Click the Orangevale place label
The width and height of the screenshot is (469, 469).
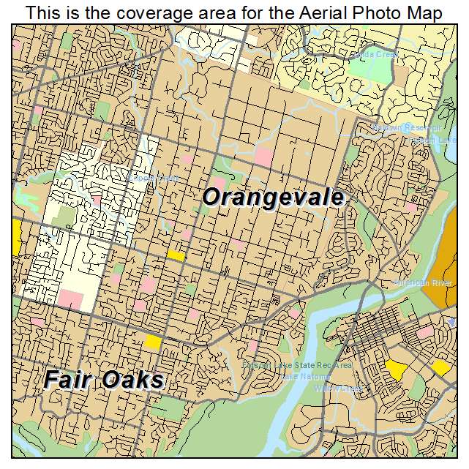[x=273, y=197]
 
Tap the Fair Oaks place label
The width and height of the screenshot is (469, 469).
[x=104, y=380]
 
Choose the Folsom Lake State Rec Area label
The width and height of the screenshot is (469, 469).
[x=298, y=364]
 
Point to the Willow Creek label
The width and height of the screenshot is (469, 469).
[x=338, y=388]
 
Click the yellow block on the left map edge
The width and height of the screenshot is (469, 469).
[x=16, y=238]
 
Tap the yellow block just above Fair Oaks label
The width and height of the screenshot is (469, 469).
[x=152, y=341]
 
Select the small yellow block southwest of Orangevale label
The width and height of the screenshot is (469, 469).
[x=176, y=255]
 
